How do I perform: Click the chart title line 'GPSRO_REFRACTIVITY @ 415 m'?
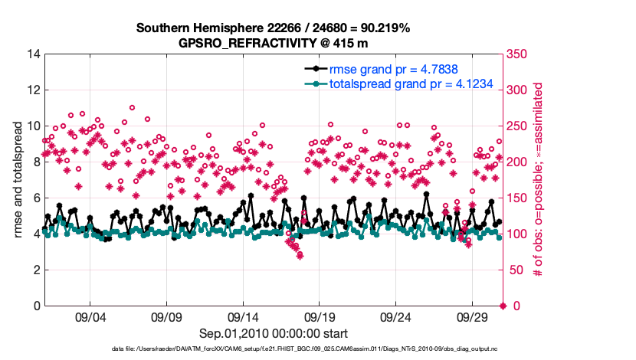click(274, 43)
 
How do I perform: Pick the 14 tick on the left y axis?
click(33, 54)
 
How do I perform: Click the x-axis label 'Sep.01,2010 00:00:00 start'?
click(274, 334)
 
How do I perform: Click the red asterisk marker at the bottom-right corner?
click(503, 306)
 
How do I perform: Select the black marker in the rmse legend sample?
click(312, 69)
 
